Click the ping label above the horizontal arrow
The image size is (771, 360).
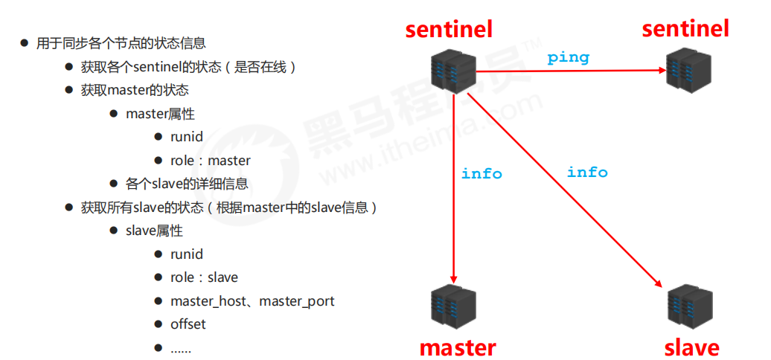pyautogui.click(x=568, y=57)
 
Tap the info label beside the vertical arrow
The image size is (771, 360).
pyautogui.click(x=482, y=173)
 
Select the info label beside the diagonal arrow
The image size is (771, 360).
pyautogui.click(x=587, y=172)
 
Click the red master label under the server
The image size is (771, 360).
pyautogui.click(x=457, y=347)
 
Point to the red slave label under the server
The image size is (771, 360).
pyautogui.click(x=692, y=347)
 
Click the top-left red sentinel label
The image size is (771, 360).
pyautogui.click(x=450, y=29)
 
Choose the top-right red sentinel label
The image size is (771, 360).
pyautogui.click(x=685, y=29)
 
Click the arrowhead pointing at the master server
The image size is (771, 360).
pyautogui.click(x=453, y=275)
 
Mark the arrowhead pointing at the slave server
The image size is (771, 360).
pyautogui.click(x=658, y=282)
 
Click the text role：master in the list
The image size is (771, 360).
pyautogui.click(x=211, y=161)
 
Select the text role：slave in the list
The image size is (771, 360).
pyautogui.click(x=204, y=277)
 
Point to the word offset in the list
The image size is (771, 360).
pyautogui.click(x=188, y=324)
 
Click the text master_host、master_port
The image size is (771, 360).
pyautogui.click(x=252, y=301)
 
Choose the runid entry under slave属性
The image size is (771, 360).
pyautogui.click(x=187, y=254)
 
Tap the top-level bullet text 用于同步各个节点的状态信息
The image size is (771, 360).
pyautogui.click(x=121, y=44)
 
